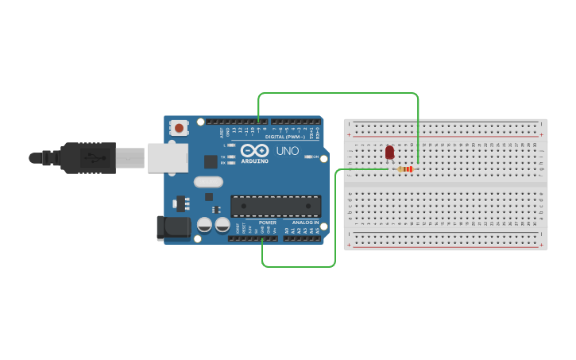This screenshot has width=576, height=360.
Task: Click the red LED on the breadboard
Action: pyautogui.click(x=389, y=153)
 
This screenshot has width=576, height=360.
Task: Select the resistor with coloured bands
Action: pyautogui.click(x=407, y=168)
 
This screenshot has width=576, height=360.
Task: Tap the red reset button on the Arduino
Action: pyautogui.click(x=180, y=127)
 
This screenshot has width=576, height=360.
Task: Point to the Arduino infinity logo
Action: pyautogui.click(x=255, y=150)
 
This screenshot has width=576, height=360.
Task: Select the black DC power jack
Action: pyautogui.click(x=173, y=228)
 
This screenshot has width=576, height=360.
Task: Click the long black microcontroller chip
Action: pyautogui.click(x=276, y=206)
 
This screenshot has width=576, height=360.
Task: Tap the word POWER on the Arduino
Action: pyautogui.click(x=268, y=223)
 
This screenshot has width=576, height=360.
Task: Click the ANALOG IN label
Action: pyautogui.click(x=305, y=223)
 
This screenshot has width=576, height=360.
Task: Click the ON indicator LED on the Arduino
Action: pyautogui.click(x=308, y=157)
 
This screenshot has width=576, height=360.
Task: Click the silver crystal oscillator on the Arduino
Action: pyautogui.click(x=208, y=181)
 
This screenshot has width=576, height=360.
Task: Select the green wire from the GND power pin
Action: pyautogui.click(x=299, y=266)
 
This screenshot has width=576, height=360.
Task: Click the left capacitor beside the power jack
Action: pyautogui.click(x=205, y=225)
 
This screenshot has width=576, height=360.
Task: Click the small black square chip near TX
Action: pyautogui.click(x=211, y=161)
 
